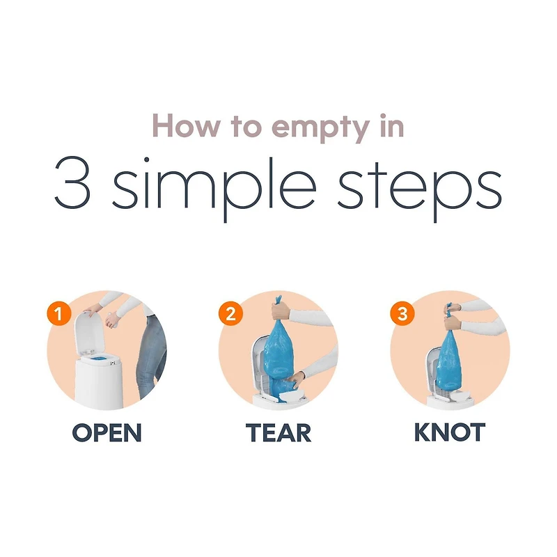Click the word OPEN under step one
click(x=107, y=432)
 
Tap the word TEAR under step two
click(x=278, y=432)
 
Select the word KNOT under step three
click(x=450, y=432)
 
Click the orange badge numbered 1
click(x=59, y=313)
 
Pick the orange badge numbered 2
click(x=230, y=313)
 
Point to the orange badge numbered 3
click(x=402, y=313)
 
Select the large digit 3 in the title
click(x=72, y=182)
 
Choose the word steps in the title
click(x=419, y=187)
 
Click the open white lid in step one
click(x=90, y=332)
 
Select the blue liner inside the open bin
click(x=97, y=359)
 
